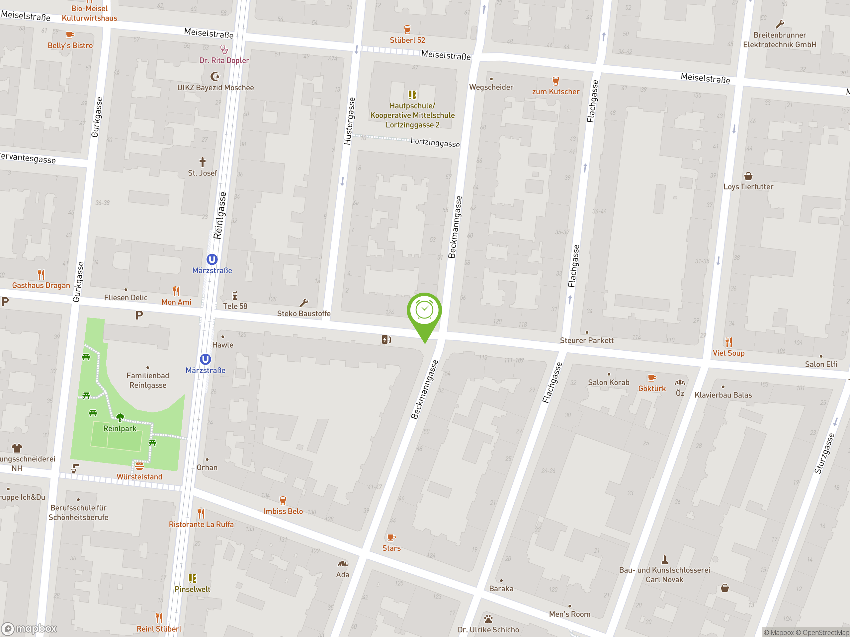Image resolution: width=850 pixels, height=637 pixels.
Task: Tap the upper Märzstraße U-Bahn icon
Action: pos(212,259)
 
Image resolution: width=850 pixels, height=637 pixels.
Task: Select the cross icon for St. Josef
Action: pos(202,162)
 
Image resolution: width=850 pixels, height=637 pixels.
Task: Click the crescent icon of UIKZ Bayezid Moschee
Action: pos(215,76)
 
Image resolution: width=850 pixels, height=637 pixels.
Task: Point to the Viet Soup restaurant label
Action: pos(728,353)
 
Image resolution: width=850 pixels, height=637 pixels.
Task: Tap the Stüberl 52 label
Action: pos(407,40)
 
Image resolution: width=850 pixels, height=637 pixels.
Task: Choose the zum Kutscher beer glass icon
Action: pos(555,81)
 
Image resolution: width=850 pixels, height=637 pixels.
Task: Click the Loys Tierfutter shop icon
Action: pos(748,176)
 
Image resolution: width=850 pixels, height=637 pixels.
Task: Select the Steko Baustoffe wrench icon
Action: pos(303,303)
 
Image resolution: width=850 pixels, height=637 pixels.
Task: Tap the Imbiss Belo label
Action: pos(283,511)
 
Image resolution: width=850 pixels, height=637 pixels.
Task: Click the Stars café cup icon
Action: pos(391,537)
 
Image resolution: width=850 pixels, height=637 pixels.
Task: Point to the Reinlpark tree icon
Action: pos(120,417)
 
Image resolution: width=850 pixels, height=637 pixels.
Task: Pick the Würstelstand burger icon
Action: pos(139,466)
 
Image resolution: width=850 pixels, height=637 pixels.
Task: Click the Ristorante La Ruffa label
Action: pos(201,524)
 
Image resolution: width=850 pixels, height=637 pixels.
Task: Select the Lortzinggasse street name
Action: pos(435,142)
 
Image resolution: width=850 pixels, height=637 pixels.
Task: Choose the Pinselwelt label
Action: pos(192,589)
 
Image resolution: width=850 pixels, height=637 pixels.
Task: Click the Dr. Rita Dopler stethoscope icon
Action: pos(224,49)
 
